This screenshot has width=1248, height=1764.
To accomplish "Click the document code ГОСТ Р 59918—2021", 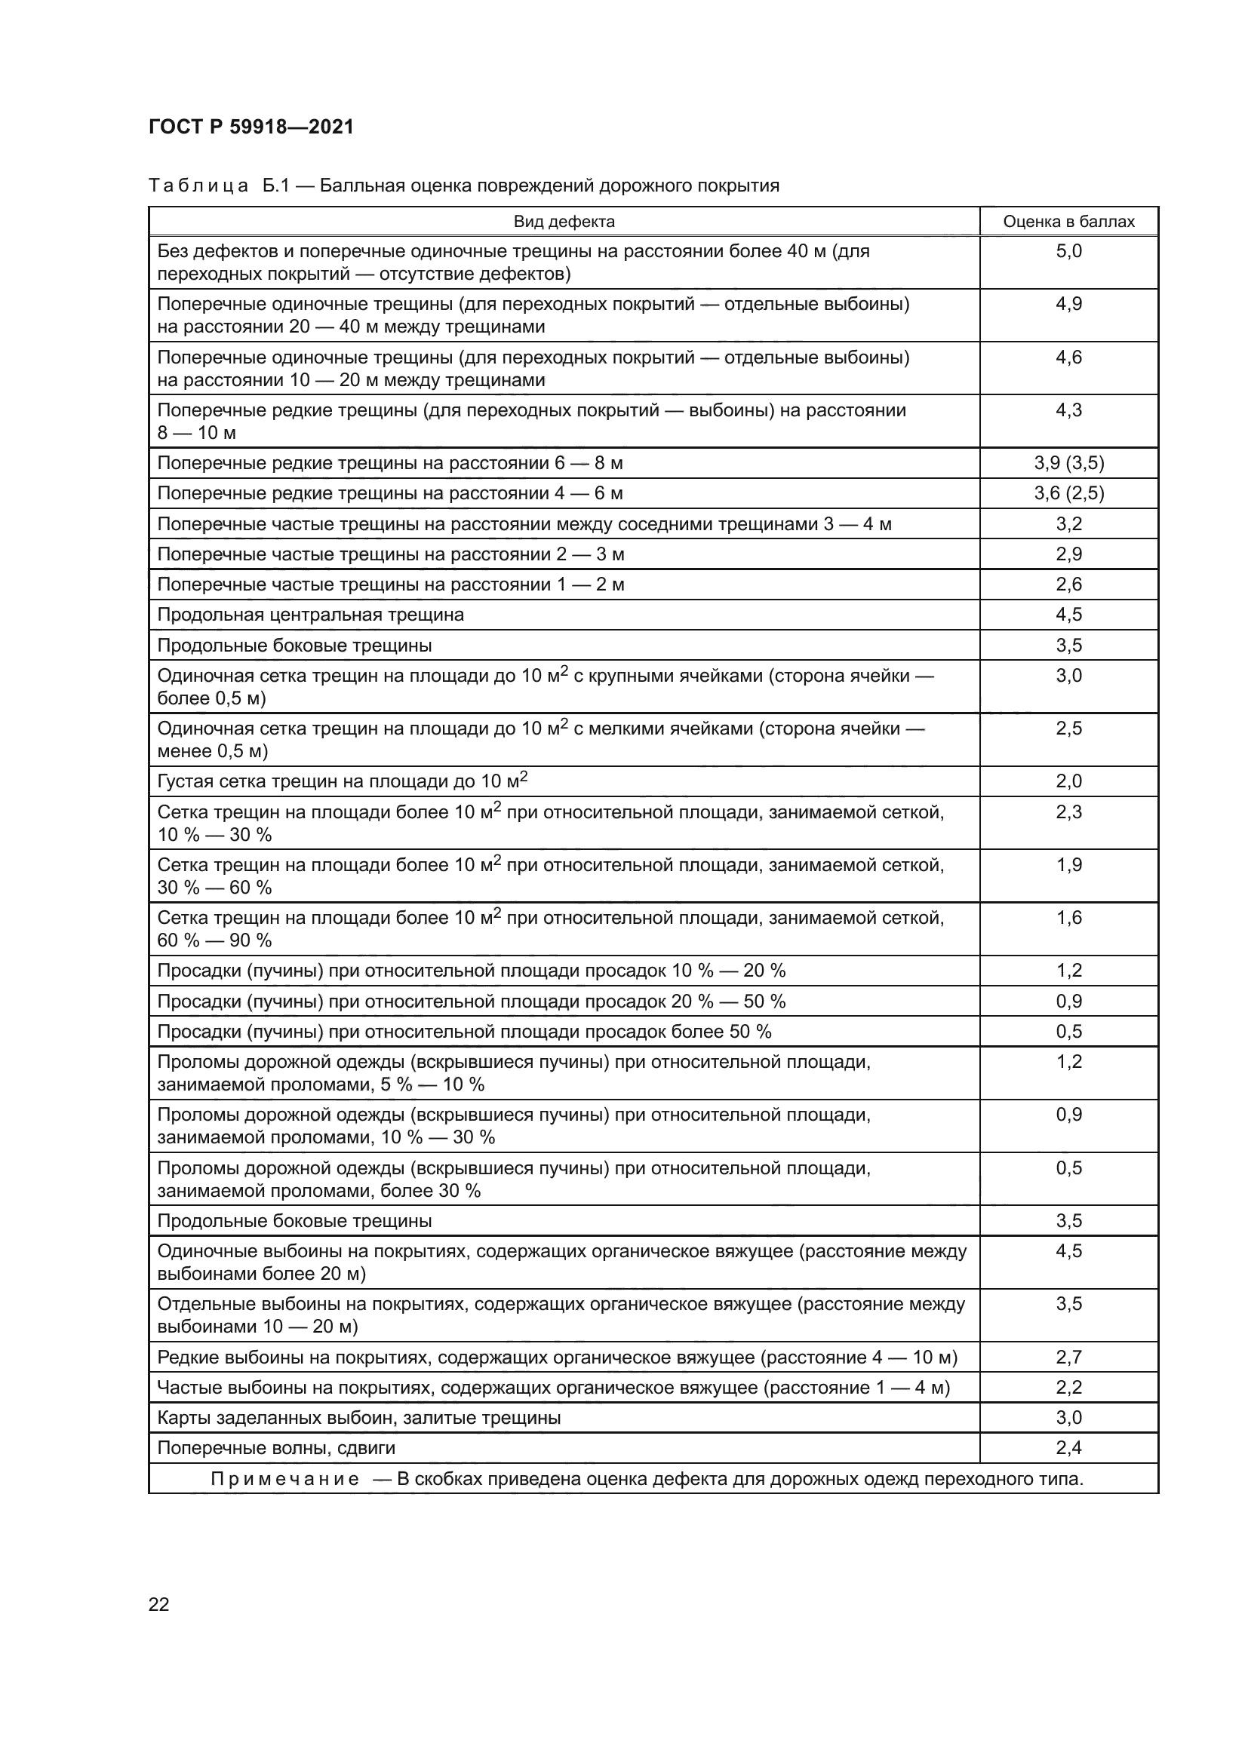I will [x=251, y=127].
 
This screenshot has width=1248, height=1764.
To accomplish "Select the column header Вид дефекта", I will [x=564, y=222].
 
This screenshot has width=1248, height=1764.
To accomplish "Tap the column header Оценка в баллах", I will [x=1068, y=222].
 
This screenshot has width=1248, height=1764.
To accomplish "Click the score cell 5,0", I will [x=1068, y=251].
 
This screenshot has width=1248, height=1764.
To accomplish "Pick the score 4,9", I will [x=1068, y=304].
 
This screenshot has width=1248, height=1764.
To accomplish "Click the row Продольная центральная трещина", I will [x=310, y=615].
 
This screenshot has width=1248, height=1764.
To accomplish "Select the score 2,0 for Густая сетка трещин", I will [x=1068, y=781].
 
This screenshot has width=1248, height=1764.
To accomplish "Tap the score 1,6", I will [x=1068, y=918].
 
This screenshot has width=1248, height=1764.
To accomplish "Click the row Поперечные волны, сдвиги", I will [x=276, y=1448].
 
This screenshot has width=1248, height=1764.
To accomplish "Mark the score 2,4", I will [x=1068, y=1448].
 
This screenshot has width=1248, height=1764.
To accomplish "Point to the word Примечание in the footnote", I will [x=284, y=1479].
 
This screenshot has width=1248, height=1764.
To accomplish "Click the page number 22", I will [x=159, y=1604].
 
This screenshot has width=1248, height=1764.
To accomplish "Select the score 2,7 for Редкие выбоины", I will [x=1068, y=1358].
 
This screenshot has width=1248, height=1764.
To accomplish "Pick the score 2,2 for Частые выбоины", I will [x=1068, y=1388].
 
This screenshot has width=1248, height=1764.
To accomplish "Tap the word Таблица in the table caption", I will [x=198, y=186].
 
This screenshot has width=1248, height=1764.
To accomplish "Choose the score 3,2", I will [x=1068, y=525].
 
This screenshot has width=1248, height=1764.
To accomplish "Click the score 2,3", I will [x=1068, y=812].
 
